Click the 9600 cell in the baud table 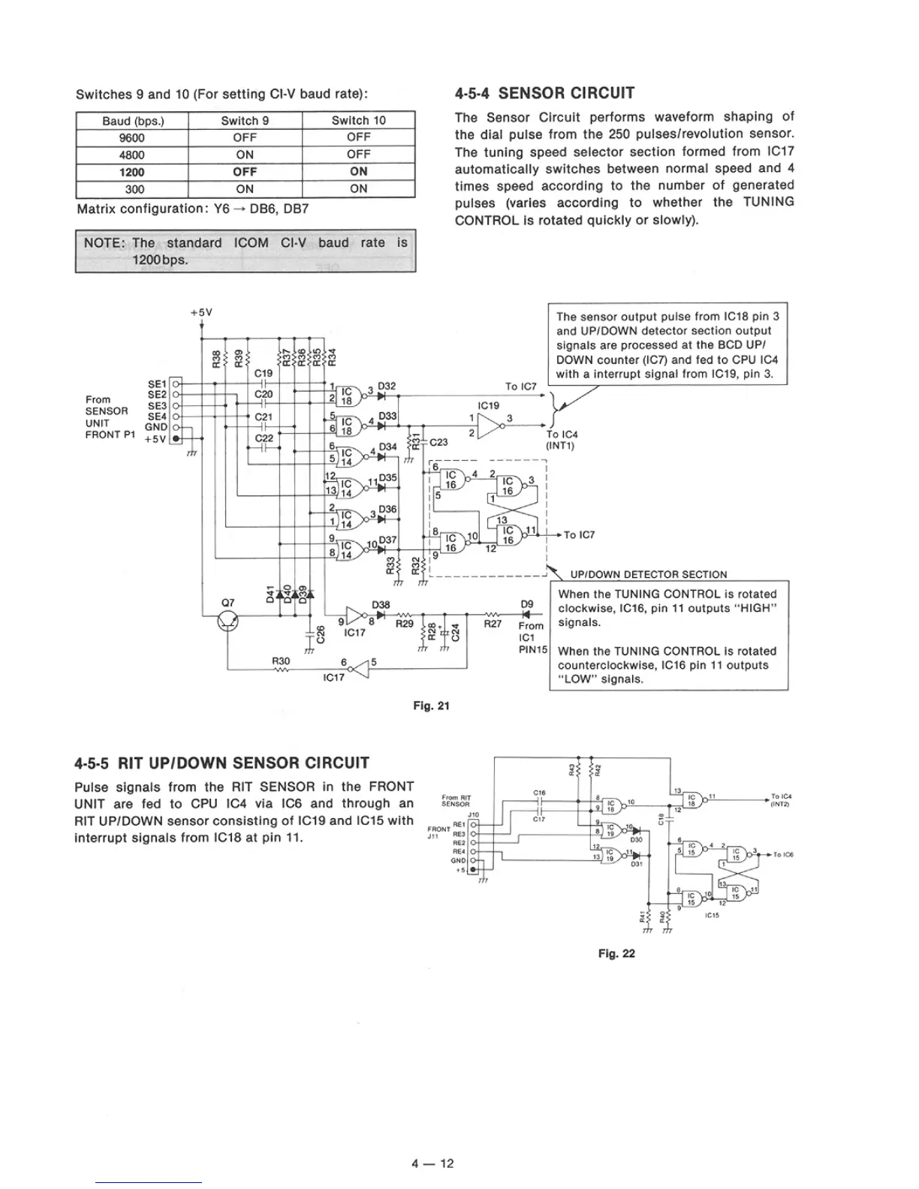tap(131, 137)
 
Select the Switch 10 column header tap(358, 120)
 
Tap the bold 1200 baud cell tap(131, 172)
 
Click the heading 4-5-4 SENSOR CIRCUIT tap(544, 93)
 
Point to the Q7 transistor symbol tap(228, 622)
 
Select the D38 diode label tap(381, 604)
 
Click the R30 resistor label tap(281, 661)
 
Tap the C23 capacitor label tap(438, 442)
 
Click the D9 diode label tap(527, 604)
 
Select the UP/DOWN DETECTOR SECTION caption tap(648, 574)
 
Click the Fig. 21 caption tap(431, 706)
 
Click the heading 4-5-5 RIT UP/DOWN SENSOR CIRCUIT tap(222, 763)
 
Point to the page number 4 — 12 tap(432, 1163)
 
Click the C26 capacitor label tap(321, 634)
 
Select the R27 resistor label tap(493, 623)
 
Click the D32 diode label tap(387, 386)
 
